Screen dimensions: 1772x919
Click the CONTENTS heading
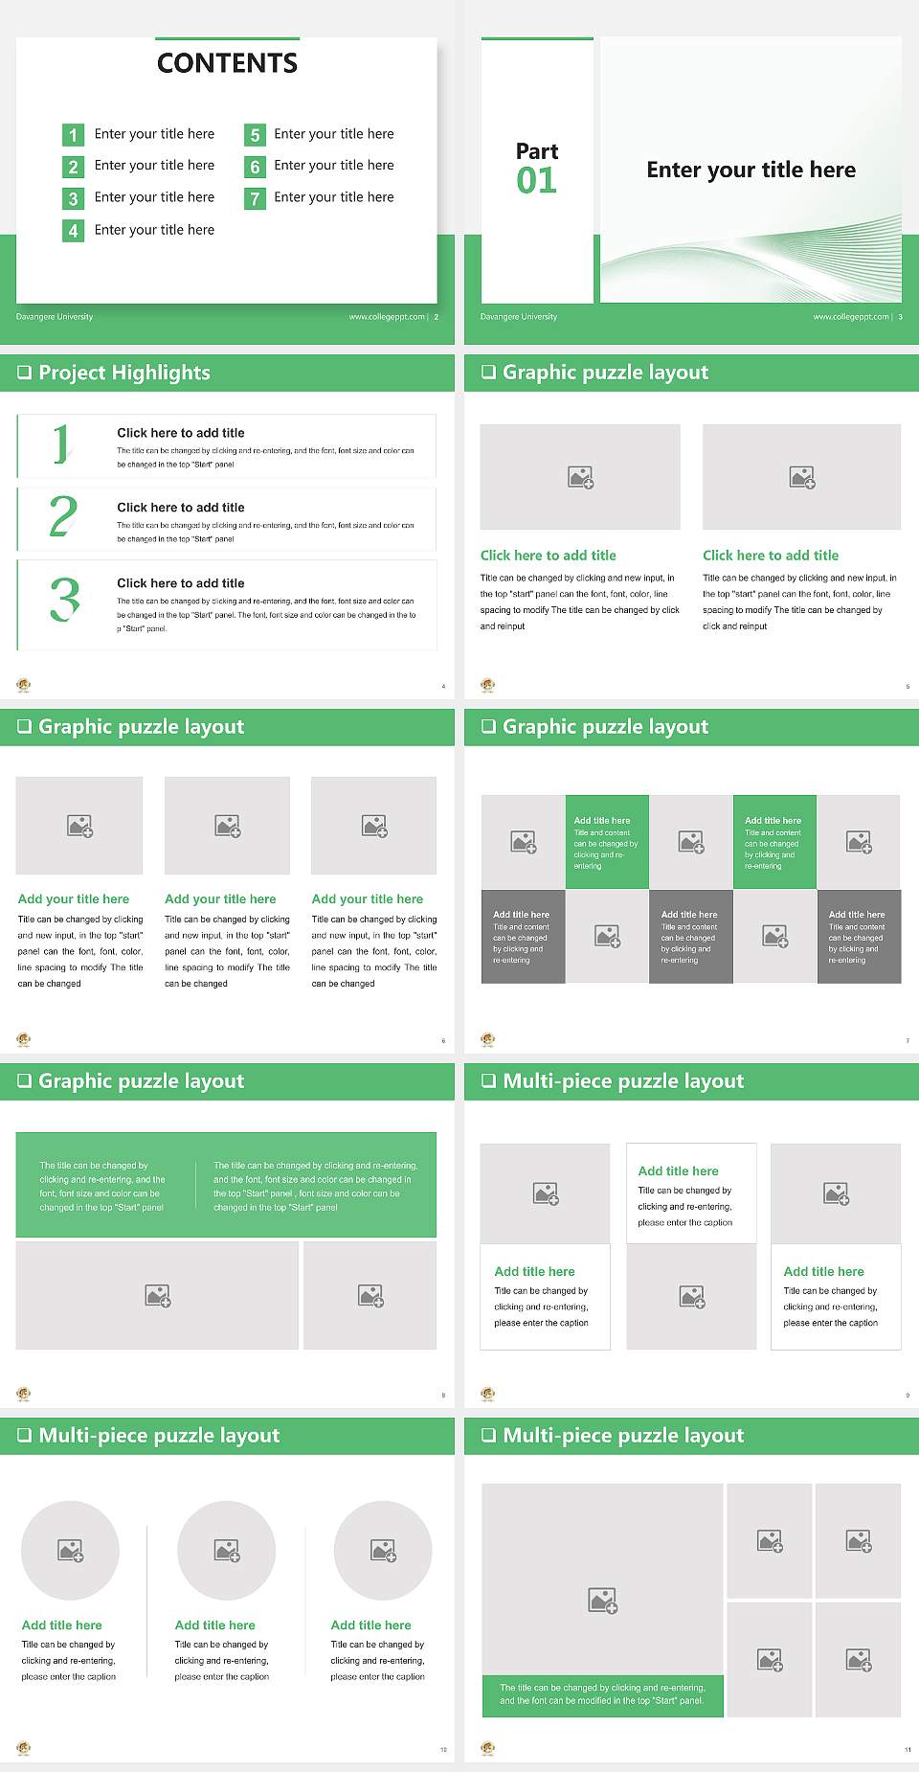pos(227,63)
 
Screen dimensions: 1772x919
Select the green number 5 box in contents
pos(255,135)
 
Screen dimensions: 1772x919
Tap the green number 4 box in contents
pos(73,231)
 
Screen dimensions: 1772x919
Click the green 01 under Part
pos(536,181)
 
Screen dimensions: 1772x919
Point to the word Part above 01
pos(536,151)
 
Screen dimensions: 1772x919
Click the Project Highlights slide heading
pos(123,373)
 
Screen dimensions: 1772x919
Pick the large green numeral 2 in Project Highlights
pos(63,516)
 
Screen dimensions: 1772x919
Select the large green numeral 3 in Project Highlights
pos(64,600)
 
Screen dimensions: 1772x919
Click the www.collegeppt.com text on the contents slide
pos(387,317)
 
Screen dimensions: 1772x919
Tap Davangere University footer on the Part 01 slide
pos(519,317)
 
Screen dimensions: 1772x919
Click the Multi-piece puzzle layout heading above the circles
pos(159,1435)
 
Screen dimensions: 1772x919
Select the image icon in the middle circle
pos(227,1550)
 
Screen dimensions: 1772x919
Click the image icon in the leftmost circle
pos(71,1550)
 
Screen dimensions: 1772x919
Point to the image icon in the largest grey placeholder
pos(602,1600)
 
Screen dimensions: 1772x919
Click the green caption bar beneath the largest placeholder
pos(602,1694)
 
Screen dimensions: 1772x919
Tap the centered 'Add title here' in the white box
pos(678,1170)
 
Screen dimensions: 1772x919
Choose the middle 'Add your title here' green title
pos(220,899)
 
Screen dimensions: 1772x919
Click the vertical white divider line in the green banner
pos(196,1186)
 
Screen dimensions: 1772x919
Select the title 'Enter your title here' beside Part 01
pos(751,170)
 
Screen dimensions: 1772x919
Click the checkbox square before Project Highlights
pos(25,373)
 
